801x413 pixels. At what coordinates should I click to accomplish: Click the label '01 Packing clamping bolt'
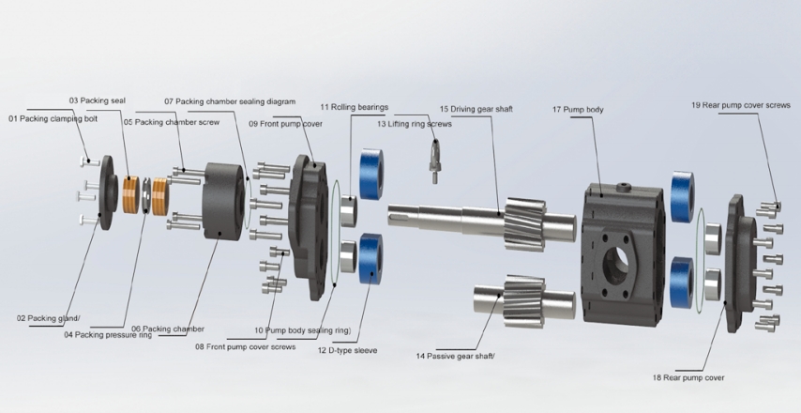(x=53, y=119)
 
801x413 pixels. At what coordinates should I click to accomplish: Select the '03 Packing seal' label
(x=97, y=99)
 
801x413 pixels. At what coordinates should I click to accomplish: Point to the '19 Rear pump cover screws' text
(x=740, y=105)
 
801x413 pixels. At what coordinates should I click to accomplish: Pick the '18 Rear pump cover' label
(x=688, y=377)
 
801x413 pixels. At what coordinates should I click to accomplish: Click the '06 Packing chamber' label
(x=167, y=329)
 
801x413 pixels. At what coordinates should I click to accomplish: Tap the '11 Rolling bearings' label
(x=354, y=107)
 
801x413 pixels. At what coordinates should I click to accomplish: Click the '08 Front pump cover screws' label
(x=245, y=346)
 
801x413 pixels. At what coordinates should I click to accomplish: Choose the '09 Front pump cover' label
(x=285, y=123)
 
